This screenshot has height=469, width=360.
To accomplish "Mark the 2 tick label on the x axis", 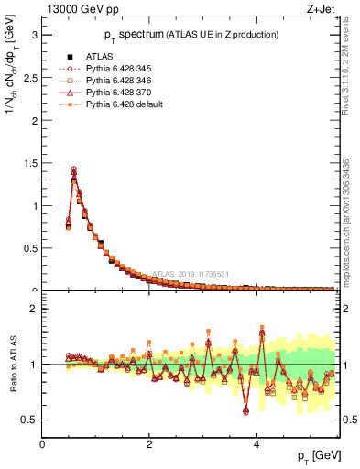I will point(149,444).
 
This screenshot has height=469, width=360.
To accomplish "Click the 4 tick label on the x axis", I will point(256,444).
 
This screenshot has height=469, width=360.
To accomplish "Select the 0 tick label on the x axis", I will point(43,444).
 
